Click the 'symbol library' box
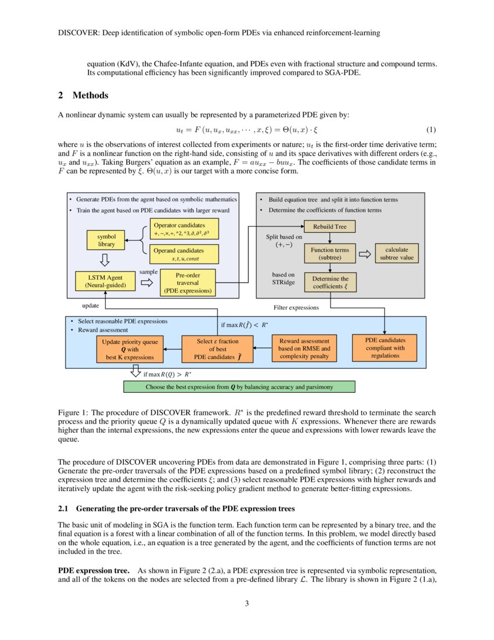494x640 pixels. pos(107,240)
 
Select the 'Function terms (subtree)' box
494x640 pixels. pos(330,253)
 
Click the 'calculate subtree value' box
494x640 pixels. pos(397,253)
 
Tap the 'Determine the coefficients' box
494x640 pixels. pos(330,282)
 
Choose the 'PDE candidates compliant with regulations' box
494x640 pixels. pos(385,347)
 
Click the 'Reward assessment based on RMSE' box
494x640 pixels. pos(304,348)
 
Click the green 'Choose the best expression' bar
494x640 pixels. pos(239,386)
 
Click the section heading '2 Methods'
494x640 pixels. pos(83,95)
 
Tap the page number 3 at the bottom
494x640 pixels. pos(247,603)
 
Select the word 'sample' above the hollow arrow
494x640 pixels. pos(149,272)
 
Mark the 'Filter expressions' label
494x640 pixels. pos(296,307)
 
